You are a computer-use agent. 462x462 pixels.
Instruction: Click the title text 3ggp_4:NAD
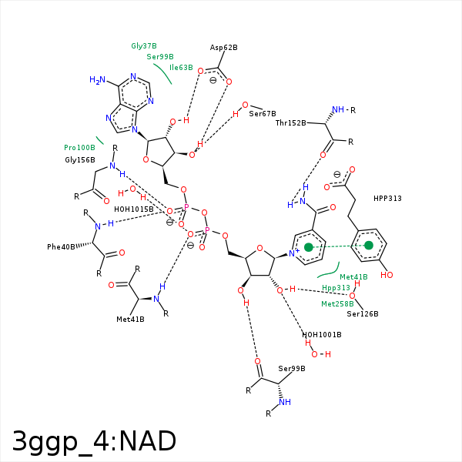tap(94, 441)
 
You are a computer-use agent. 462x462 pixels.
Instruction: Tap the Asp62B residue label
tap(223, 48)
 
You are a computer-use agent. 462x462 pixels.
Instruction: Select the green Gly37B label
tap(144, 45)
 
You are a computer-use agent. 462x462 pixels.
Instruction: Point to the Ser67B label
tap(262, 114)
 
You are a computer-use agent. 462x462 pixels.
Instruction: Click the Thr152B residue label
tap(291, 122)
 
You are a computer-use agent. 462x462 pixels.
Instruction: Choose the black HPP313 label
tap(387, 199)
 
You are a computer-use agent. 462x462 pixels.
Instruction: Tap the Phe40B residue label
tap(62, 247)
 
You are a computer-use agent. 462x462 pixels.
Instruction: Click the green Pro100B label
tap(79, 147)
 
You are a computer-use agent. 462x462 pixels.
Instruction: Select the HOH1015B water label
tap(134, 209)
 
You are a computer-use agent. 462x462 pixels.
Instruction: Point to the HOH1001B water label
tap(321, 334)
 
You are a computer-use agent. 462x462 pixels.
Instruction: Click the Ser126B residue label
tap(362, 314)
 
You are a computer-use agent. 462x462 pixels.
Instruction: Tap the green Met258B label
tap(336, 304)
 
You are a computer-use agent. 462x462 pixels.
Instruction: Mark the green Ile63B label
tap(181, 68)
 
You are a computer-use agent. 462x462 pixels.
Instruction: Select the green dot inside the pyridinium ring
tap(309, 247)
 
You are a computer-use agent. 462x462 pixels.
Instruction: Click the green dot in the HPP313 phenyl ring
tap(369, 246)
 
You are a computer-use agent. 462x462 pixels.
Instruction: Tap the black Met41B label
tap(130, 319)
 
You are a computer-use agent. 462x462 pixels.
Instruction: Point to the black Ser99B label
tap(292, 368)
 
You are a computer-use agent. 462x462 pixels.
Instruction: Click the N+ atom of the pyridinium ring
tap(293, 252)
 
